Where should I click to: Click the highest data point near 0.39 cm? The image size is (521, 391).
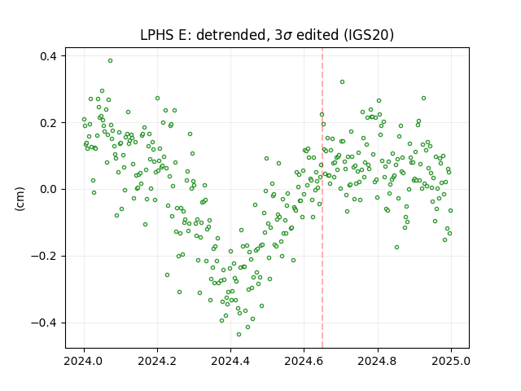tap(111, 61)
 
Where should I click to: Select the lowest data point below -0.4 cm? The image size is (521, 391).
tap(239, 335)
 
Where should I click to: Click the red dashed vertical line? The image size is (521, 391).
tap(322, 198)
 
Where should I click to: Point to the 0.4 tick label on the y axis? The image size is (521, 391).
tap(49, 56)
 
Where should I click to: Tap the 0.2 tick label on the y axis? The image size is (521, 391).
tap(49, 123)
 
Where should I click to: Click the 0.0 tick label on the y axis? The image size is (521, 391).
tap(49, 190)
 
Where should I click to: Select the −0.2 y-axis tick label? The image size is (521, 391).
tap(44, 257)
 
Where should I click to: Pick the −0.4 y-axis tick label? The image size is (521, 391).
tap(44, 323)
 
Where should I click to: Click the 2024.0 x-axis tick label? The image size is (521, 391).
tap(83, 361)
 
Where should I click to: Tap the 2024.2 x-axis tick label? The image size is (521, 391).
tap(157, 361)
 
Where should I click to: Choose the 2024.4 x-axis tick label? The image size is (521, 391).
tap(230, 361)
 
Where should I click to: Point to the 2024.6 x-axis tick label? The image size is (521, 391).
tap(304, 361)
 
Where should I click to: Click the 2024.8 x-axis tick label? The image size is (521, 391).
tap(377, 361)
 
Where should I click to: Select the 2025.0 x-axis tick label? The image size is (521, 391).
tap(451, 361)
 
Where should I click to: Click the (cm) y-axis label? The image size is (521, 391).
tap(20, 199)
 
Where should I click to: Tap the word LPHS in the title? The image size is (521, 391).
tap(157, 35)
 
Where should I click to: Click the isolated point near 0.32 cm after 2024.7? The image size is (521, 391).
tap(342, 81)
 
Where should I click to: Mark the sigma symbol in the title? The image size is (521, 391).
tap(288, 36)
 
